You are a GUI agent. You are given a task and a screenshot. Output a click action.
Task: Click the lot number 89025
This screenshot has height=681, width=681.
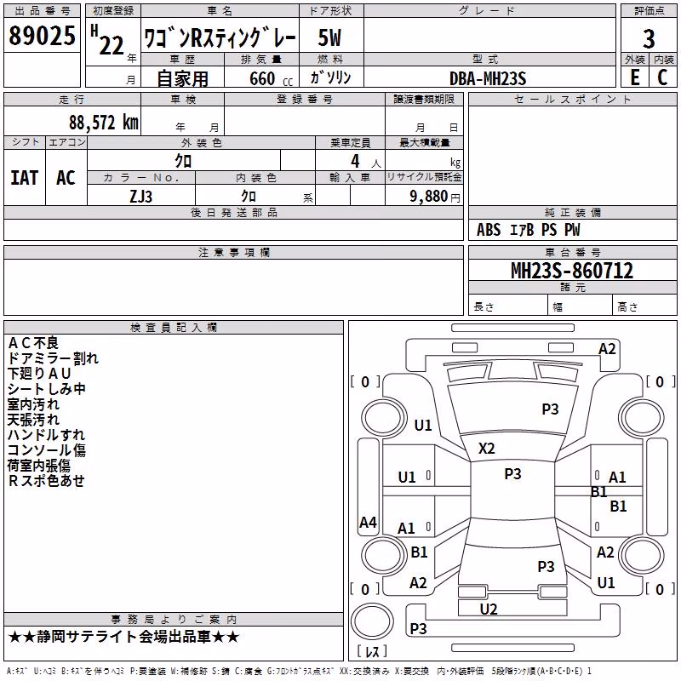pyautogui.click(x=42, y=35)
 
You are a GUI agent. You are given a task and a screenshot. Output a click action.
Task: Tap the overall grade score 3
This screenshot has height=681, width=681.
pyautogui.click(x=649, y=39)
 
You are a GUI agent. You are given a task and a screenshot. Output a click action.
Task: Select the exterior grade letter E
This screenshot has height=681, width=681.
pyautogui.click(x=634, y=77)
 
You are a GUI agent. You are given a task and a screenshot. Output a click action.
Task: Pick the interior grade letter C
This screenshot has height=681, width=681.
pyautogui.click(x=662, y=77)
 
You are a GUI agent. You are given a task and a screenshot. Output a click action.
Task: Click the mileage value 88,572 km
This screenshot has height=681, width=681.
pyautogui.click(x=104, y=123)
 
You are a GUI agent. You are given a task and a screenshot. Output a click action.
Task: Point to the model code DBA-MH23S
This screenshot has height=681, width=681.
pyautogui.click(x=488, y=78)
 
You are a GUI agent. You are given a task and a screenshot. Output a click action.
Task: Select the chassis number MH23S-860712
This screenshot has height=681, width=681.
pyautogui.click(x=572, y=271)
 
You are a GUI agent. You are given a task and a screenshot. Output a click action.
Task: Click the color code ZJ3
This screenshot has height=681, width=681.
pyautogui.click(x=141, y=197)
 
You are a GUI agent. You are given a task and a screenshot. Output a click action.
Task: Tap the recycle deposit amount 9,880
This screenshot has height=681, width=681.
pyautogui.click(x=428, y=197)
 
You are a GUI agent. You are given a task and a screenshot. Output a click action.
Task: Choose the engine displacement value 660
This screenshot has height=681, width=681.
pyautogui.click(x=262, y=78)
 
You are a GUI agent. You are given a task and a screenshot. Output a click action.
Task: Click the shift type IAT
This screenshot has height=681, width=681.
pyautogui.click(x=25, y=178)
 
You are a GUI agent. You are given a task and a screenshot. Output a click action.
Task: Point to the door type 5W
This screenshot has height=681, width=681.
pyautogui.click(x=329, y=37)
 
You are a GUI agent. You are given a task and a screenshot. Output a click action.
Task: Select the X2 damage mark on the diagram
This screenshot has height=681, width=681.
pyautogui.click(x=486, y=449)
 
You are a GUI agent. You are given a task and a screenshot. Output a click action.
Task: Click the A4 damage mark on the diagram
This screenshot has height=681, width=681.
pyautogui.click(x=368, y=522)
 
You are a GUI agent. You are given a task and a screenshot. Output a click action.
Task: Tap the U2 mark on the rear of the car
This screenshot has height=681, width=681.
pyautogui.click(x=489, y=609)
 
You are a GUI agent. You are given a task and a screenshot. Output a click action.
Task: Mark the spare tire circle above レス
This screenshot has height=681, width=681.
pyautogui.click(x=372, y=621)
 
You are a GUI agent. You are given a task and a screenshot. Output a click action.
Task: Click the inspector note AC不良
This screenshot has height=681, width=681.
pyautogui.click(x=33, y=343)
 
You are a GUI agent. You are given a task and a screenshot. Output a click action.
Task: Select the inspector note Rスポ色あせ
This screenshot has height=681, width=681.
pyautogui.click(x=46, y=481)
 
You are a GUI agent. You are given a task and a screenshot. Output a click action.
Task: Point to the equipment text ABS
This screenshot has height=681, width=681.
pyautogui.click(x=489, y=230)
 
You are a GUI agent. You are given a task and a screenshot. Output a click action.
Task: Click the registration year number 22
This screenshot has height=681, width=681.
pyautogui.click(x=112, y=46)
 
